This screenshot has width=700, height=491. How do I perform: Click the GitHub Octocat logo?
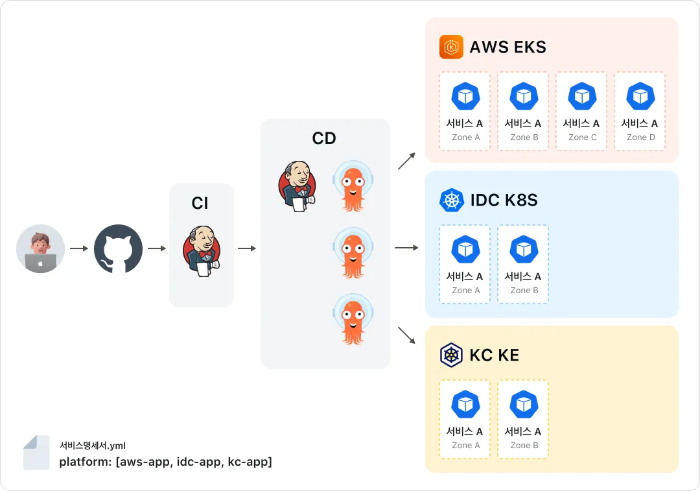click(x=119, y=248)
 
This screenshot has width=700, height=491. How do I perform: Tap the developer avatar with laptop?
click(x=41, y=248)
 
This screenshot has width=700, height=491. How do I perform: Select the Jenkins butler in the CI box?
click(x=202, y=250)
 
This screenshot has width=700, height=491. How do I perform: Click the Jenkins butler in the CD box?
click(x=297, y=186)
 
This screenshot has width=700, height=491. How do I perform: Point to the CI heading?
click(x=200, y=203)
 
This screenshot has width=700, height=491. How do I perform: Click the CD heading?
click(x=324, y=139)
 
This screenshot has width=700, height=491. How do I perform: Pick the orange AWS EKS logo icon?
click(x=451, y=47)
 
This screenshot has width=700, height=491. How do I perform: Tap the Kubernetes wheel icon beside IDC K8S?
click(x=452, y=200)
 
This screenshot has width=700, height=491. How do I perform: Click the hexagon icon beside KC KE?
click(x=451, y=355)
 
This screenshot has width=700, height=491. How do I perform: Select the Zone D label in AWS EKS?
click(x=641, y=137)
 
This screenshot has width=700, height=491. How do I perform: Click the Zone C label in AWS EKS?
click(x=583, y=137)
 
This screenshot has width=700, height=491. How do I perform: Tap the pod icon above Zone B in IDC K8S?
click(x=524, y=249)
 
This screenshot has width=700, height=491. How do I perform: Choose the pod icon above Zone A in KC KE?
click(x=465, y=404)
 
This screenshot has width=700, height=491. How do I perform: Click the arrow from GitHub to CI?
click(x=157, y=248)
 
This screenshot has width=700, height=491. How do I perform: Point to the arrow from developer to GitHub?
click(x=80, y=248)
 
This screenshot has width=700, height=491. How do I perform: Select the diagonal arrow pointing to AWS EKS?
click(x=406, y=161)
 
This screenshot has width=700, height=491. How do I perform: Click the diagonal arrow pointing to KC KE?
click(x=406, y=335)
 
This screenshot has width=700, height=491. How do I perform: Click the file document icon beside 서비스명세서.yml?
click(x=36, y=453)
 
